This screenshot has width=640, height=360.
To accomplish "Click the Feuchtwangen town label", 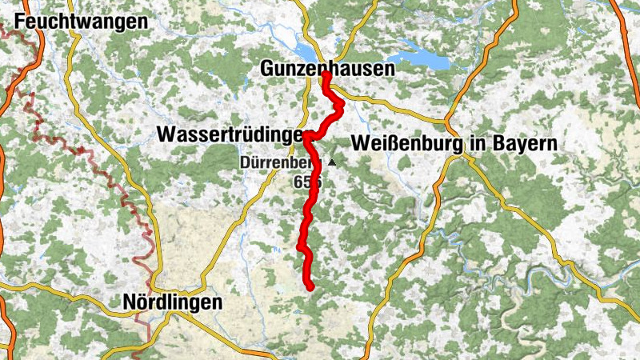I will (x=81, y=22).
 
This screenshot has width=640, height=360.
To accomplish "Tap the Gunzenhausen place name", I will (x=327, y=70).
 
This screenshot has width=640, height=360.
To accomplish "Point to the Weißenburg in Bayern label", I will (x=453, y=144).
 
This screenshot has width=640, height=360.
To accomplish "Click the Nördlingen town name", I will (x=172, y=302).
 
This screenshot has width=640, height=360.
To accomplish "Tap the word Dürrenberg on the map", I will (x=280, y=163).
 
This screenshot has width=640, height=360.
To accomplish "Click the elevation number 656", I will (x=307, y=182).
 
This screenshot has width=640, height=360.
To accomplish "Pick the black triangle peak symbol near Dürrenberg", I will (x=331, y=162).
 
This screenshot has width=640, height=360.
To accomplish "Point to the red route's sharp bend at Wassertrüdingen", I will (x=306, y=137).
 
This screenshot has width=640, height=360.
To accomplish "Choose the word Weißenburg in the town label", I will (x=403, y=144).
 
